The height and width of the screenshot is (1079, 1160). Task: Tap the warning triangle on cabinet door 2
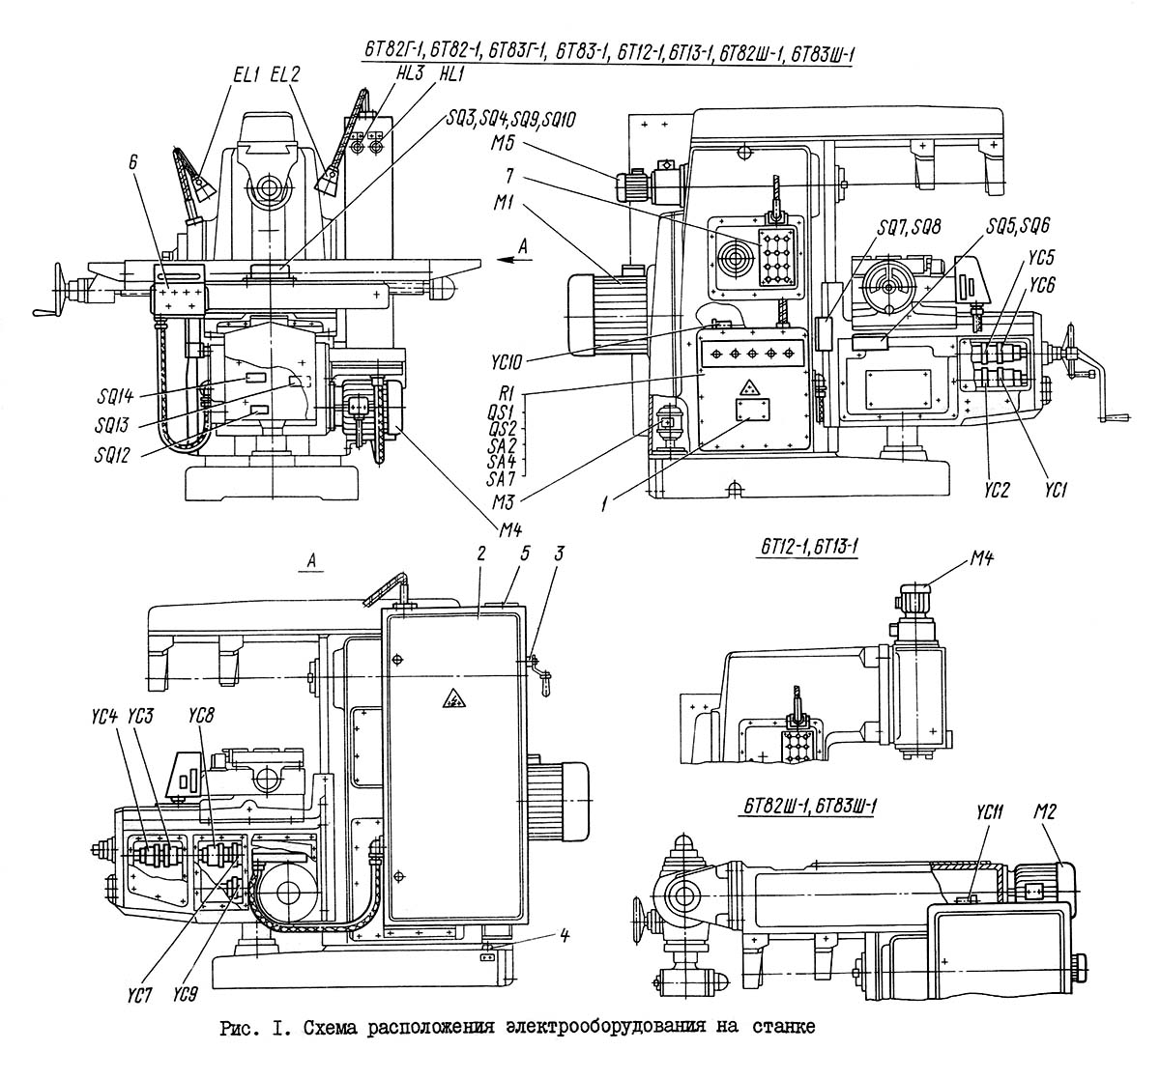tap(451, 698)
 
